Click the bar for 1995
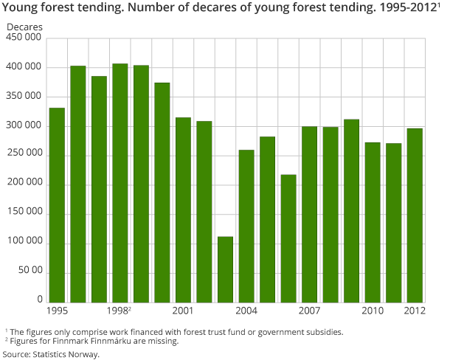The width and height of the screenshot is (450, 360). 57,205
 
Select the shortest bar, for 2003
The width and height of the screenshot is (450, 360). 225,269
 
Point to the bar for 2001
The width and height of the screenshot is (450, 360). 183,210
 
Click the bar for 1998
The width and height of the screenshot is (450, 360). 120,183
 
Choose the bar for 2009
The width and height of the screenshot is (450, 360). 351,210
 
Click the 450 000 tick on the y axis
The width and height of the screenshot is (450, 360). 24,39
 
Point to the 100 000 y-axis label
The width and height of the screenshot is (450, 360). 24,243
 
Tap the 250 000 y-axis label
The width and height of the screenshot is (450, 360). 24,156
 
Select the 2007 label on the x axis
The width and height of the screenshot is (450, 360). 309,311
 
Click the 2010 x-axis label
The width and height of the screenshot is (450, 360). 373,311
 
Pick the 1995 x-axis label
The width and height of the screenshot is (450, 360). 57,311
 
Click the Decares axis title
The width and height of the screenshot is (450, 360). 25,27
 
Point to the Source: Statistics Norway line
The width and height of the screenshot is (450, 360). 52,354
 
